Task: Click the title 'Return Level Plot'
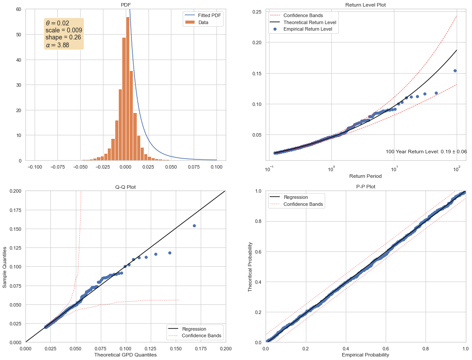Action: tap(366, 5)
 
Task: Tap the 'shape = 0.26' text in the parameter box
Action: tap(63, 37)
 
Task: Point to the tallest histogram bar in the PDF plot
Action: tap(128, 89)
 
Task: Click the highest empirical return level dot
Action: tap(455, 71)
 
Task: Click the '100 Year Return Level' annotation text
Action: tap(426, 152)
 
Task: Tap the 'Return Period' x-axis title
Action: tap(366, 176)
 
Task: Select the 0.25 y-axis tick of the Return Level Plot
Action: tap(257, 12)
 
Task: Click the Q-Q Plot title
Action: tap(125, 187)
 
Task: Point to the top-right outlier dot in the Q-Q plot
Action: tap(195, 226)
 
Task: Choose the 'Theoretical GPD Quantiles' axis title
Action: tap(125, 355)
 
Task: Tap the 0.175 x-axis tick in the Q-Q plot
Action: tap(201, 349)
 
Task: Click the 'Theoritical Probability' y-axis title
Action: tap(250, 267)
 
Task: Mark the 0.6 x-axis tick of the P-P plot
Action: tap(386, 349)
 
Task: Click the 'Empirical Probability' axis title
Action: tap(366, 355)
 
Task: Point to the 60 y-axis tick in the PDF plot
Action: tap(19, 9)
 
